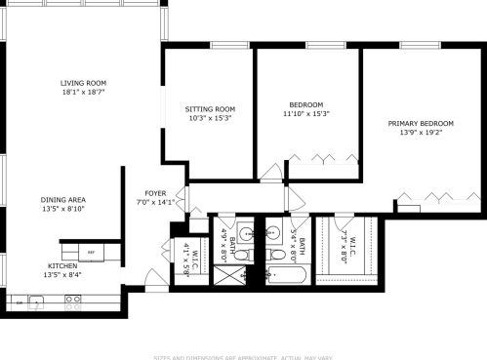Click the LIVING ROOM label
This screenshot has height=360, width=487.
83,83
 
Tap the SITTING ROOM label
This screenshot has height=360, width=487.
211,108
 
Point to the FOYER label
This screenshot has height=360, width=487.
156,193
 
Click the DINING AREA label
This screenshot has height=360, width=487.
63,199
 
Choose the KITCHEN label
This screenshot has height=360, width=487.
63,265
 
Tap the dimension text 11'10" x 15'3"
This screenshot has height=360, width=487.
306,114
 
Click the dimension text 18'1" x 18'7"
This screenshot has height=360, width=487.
83,93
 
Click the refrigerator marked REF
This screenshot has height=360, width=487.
92,252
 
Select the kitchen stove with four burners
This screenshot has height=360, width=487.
73,303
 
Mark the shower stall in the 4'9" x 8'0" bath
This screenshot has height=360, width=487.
227,276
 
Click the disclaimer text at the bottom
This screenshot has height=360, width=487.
242,355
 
